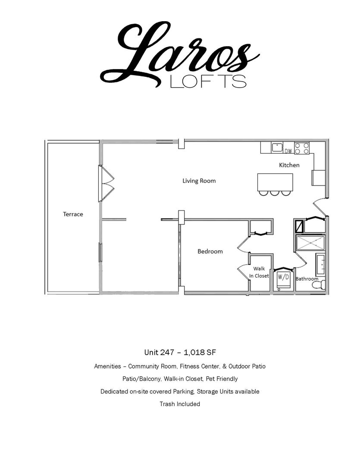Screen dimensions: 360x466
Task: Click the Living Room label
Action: [x=199, y=181]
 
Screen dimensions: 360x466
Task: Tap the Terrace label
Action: [x=73, y=214]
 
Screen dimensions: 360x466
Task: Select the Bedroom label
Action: [x=210, y=252]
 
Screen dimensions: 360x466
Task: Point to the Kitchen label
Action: [x=289, y=165]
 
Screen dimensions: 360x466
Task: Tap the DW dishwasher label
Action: [x=288, y=151]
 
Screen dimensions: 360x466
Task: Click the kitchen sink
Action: [x=278, y=147]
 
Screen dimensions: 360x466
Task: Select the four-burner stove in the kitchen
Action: [x=302, y=148]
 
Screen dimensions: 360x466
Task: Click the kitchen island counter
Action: [x=275, y=182]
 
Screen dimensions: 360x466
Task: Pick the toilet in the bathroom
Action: [x=319, y=285]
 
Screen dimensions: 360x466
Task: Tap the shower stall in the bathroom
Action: [x=311, y=243]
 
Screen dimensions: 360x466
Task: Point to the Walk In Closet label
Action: [x=259, y=272]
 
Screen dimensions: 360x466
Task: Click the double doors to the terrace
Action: [x=106, y=184]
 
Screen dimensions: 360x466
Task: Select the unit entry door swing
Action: [x=320, y=207]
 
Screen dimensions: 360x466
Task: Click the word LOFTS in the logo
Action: [x=208, y=81]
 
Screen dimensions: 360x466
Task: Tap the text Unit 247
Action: [x=159, y=353]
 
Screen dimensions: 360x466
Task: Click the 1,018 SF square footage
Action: [x=200, y=353]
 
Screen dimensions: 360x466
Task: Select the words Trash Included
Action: [x=180, y=404]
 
